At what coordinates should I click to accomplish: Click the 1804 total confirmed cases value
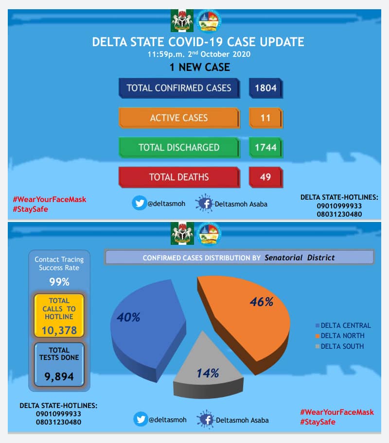coord(265,88)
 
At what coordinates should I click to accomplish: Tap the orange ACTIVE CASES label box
coord(178,118)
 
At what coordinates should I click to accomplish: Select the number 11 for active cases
coord(265,118)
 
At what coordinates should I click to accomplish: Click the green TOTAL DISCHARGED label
coord(178,148)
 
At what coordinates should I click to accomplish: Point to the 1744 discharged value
coord(265,148)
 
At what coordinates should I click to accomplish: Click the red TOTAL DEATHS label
coord(178,177)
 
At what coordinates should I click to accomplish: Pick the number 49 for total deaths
coord(265,177)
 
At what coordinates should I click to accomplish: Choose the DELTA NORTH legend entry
coord(342,336)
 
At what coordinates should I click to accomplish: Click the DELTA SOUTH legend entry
coord(342,346)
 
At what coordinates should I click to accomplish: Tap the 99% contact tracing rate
coord(59,282)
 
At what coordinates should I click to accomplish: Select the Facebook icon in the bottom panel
coord(205,420)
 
